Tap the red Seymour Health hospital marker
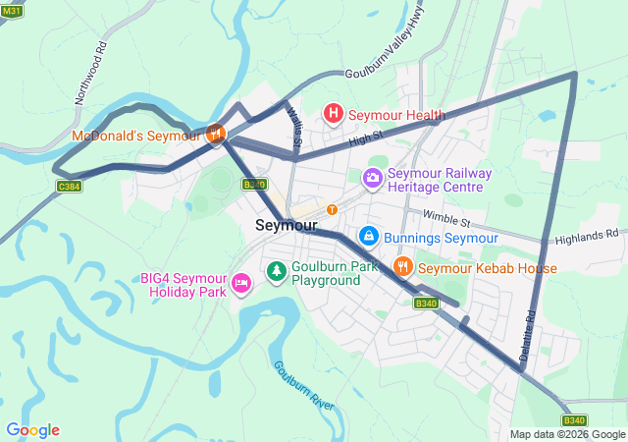(334, 115)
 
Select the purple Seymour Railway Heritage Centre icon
(373, 179)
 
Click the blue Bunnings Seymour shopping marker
(368, 236)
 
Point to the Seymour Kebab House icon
(402, 267)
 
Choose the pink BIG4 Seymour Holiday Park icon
(240, 284)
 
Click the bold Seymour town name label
(286, 225)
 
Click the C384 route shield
(69, 186)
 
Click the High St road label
(364, 140)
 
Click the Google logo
(32, 430)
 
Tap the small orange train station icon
(332, 208)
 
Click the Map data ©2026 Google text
(566, 434)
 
